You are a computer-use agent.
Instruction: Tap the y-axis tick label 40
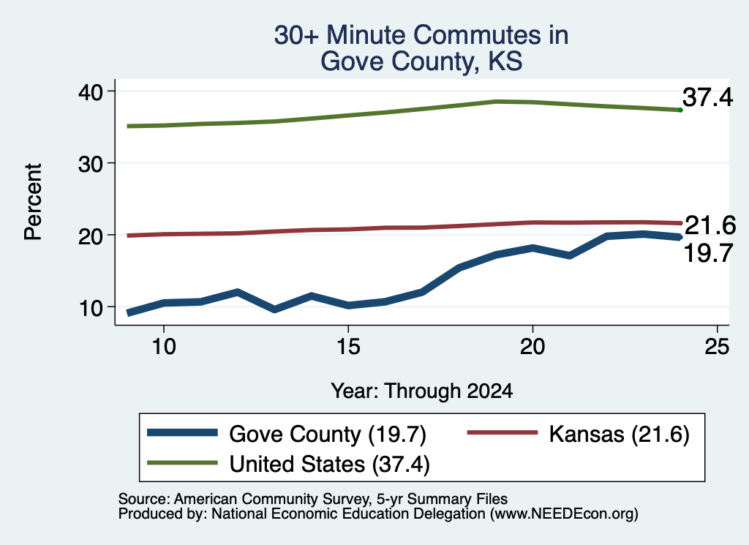point(90,92)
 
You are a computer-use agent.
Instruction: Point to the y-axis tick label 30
point(90,165)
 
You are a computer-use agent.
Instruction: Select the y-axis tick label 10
point(90,309)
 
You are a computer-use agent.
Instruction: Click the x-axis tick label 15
point(348,346)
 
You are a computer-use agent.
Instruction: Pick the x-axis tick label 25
point(717,346)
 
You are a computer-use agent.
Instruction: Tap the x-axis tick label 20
point(532,346)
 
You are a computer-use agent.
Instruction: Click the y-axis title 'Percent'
point(34,202)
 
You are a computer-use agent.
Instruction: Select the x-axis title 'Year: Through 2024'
point(422,391)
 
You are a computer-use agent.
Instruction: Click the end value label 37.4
point(707,97)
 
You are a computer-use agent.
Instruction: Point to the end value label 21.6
point(710,225)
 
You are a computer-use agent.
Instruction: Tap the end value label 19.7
point(708,253)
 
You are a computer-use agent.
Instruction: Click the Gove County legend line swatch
point(182,433)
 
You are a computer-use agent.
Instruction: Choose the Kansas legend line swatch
point(502,432)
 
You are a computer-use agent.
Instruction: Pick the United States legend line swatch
point(182,462)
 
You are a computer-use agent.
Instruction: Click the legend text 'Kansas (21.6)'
point(619,435)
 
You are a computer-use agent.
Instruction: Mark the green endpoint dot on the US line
point(680,110)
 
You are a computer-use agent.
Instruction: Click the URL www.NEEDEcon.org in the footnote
point(564,514)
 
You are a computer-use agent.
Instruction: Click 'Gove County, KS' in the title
point(421,61)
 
